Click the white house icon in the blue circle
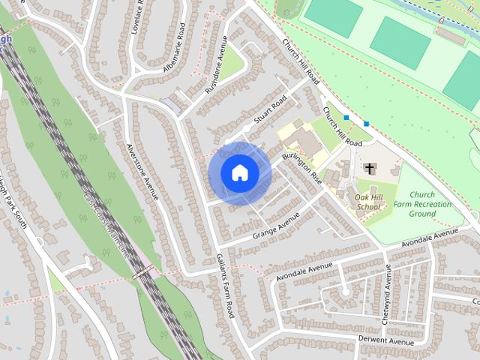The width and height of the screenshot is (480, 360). [x=239, y=172]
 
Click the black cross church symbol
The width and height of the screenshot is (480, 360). [x=369, y=169]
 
